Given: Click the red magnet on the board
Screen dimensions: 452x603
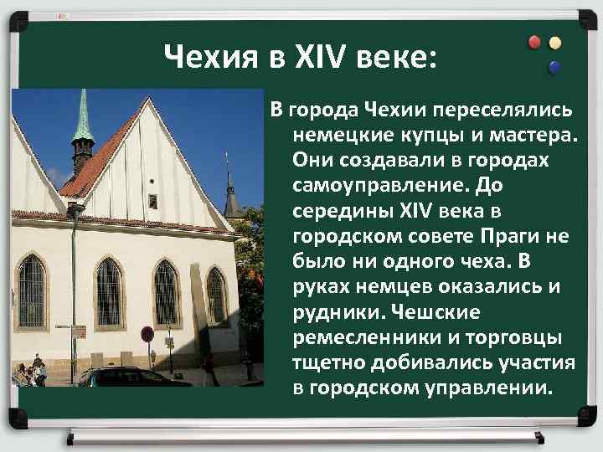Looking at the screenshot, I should coord(534,43).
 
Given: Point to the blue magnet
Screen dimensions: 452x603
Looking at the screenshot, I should coord(554,67).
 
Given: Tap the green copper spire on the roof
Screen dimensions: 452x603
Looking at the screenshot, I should coord(82,117).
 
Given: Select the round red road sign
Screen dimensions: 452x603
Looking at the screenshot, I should coord(147,334).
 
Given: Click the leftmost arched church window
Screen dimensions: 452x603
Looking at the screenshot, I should coord(32,292).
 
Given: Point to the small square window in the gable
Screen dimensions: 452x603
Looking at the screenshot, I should coord(152,200).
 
